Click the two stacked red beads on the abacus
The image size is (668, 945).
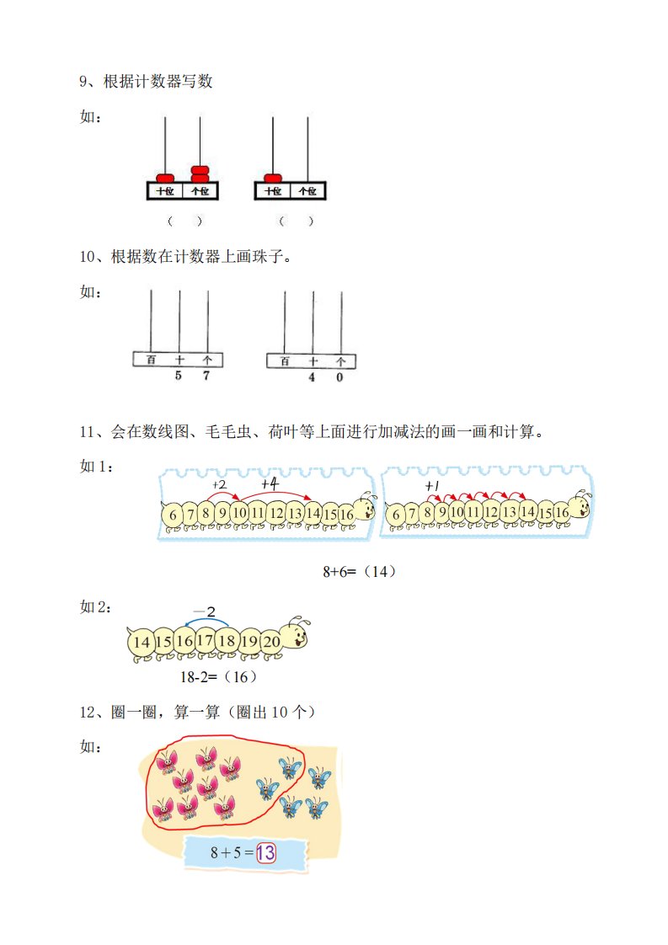200,174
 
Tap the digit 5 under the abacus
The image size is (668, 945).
179,376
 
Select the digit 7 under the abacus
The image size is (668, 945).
206,376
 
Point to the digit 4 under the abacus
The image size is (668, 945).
312,377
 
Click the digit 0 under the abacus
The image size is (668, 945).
339,377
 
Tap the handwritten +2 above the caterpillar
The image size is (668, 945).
220,484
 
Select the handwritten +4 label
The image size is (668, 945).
270,483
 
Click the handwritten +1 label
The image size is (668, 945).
432,486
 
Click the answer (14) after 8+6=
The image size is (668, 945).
380,571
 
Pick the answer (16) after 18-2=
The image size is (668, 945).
241,677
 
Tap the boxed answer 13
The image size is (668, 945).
266,853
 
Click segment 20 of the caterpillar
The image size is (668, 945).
271,641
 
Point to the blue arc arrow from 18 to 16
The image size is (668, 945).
206,622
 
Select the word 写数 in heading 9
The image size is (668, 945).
198,82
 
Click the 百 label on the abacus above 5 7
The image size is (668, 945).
151,360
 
